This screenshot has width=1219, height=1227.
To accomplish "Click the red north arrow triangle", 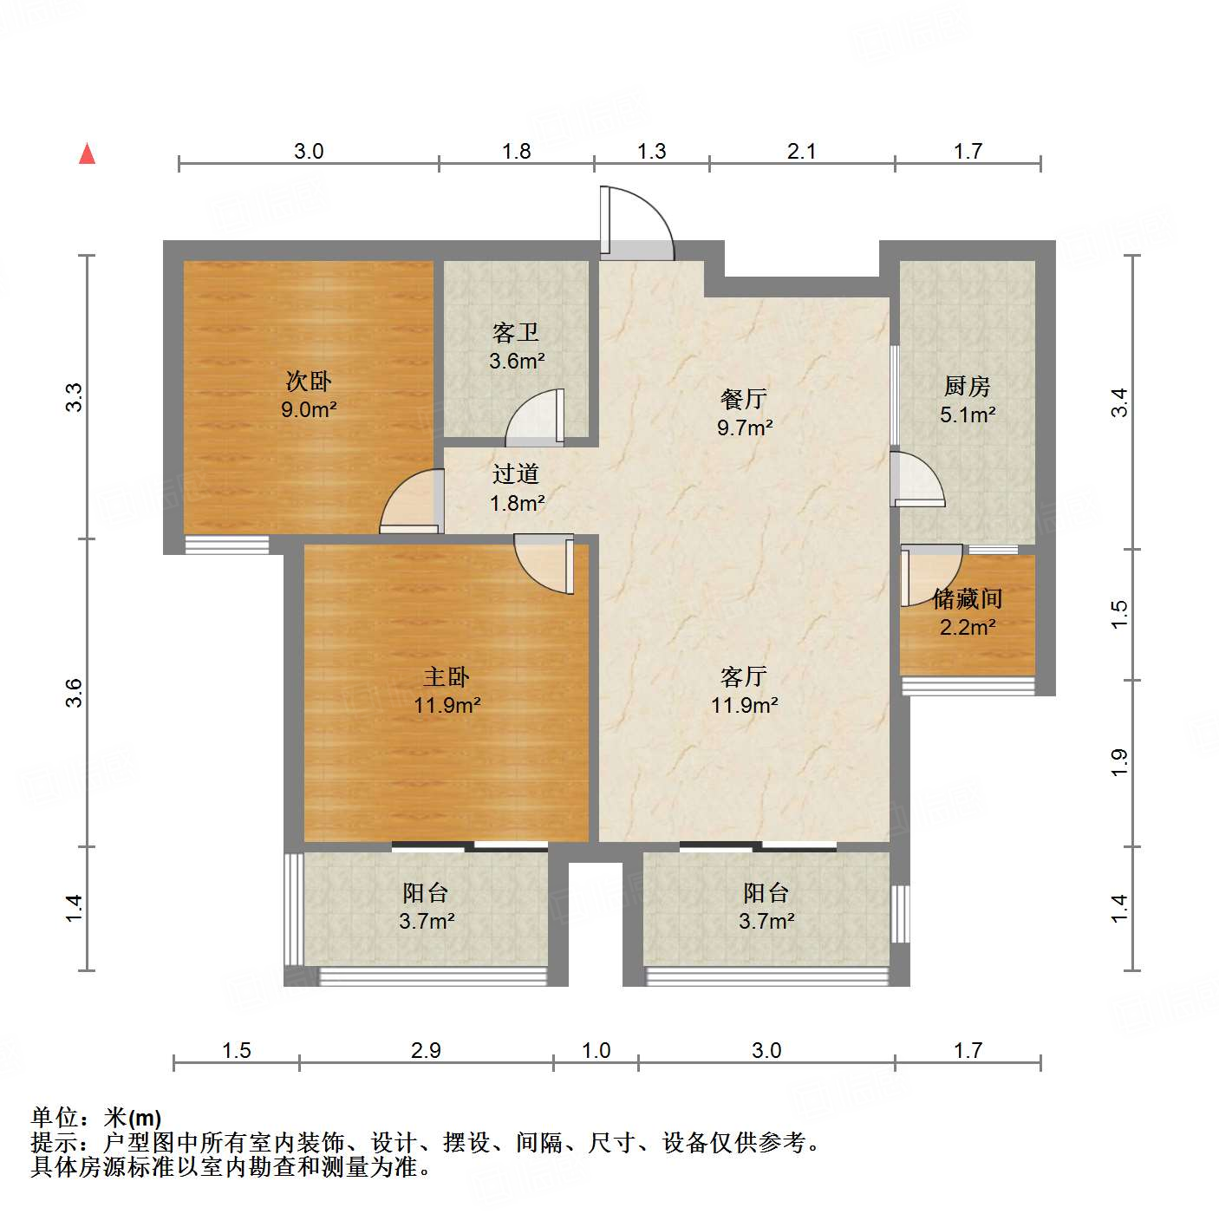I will coord(87,153).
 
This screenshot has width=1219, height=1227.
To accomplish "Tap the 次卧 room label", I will coord(309,381).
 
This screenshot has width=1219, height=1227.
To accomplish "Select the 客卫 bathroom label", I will coord(516,332).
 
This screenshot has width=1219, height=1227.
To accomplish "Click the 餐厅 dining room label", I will coord(744,399).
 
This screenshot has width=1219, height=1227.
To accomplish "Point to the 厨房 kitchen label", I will coord(967,386).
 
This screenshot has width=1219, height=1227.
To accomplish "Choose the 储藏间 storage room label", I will coord(968,598).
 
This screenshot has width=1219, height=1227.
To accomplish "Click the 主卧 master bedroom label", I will coord(447,676).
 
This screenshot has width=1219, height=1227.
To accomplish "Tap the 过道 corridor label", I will coord(516,473).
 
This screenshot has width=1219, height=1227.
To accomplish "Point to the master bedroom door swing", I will coord(544,564).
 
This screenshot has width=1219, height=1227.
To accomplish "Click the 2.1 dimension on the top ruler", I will coord(801,152).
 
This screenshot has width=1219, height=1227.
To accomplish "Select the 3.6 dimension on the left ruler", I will coord(75,692).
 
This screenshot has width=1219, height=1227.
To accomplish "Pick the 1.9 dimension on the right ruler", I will coord(1119,762).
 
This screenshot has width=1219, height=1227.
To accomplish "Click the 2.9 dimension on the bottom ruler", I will coord(426,1051).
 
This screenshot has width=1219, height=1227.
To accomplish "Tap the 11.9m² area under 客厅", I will coord(744,706).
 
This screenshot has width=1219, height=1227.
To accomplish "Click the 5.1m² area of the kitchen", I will coord(967,415).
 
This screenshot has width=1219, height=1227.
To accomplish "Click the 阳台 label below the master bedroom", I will coord(426,892).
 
